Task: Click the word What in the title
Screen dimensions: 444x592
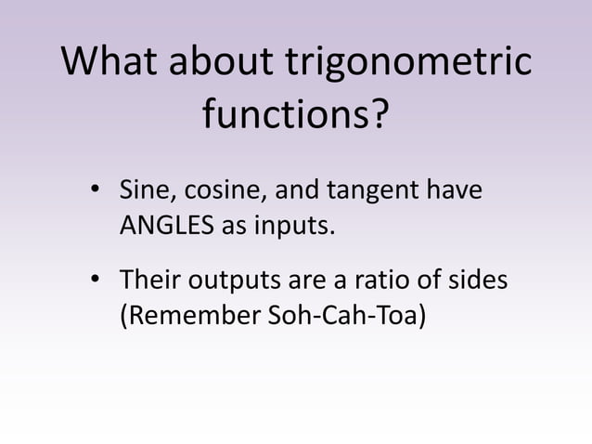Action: click(x=109, y=62)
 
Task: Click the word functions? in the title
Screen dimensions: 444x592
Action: click(x=296, y=117)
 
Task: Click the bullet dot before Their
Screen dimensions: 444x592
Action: click(x=95, y=281)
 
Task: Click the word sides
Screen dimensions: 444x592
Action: click(x=478, y=280)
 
